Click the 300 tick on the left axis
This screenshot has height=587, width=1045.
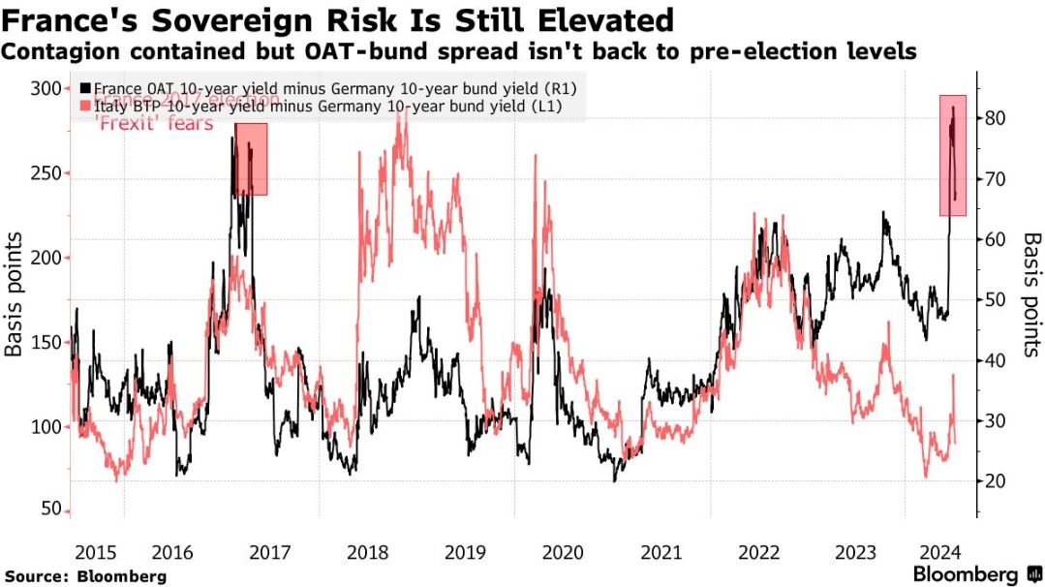pos(44,89)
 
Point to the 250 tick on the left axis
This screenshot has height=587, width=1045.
pos(44,173)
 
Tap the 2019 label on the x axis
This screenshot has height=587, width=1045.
pos(464,552)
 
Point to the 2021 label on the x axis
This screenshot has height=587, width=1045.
pos(660,552)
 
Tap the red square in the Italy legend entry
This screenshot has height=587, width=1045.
pos(86,107)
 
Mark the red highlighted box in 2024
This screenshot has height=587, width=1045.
pos(953,155)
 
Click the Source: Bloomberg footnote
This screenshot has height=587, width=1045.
pos(84,576)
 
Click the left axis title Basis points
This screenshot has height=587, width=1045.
pos(15,300)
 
